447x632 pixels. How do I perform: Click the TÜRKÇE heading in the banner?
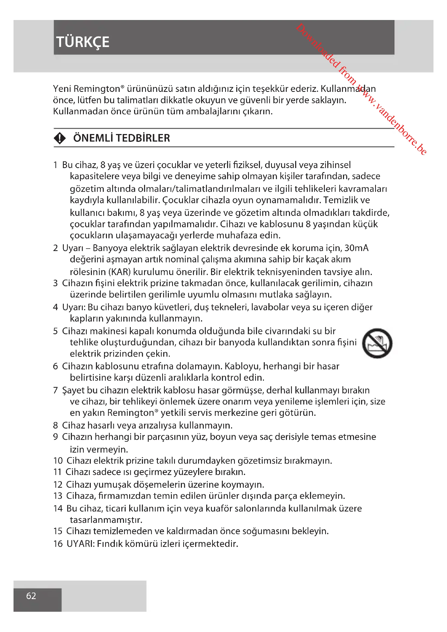point(83,42)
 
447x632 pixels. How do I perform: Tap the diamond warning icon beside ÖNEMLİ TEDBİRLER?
point(60,138)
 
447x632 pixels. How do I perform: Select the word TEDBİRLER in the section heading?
point(143,138)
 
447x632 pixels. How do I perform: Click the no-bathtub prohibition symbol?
point(377,343)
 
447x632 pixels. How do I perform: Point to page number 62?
point(31,596)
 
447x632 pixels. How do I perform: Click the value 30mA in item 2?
point(356,248)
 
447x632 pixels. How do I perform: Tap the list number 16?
point(58,544)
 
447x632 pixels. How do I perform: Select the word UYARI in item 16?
point(81,544)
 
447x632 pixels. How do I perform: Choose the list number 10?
point(58,461)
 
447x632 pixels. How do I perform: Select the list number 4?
point(55,307)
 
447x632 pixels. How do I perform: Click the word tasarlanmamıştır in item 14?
point(106,520)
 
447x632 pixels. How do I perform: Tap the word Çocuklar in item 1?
point(181,200)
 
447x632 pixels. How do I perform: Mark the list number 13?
point(58,496)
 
